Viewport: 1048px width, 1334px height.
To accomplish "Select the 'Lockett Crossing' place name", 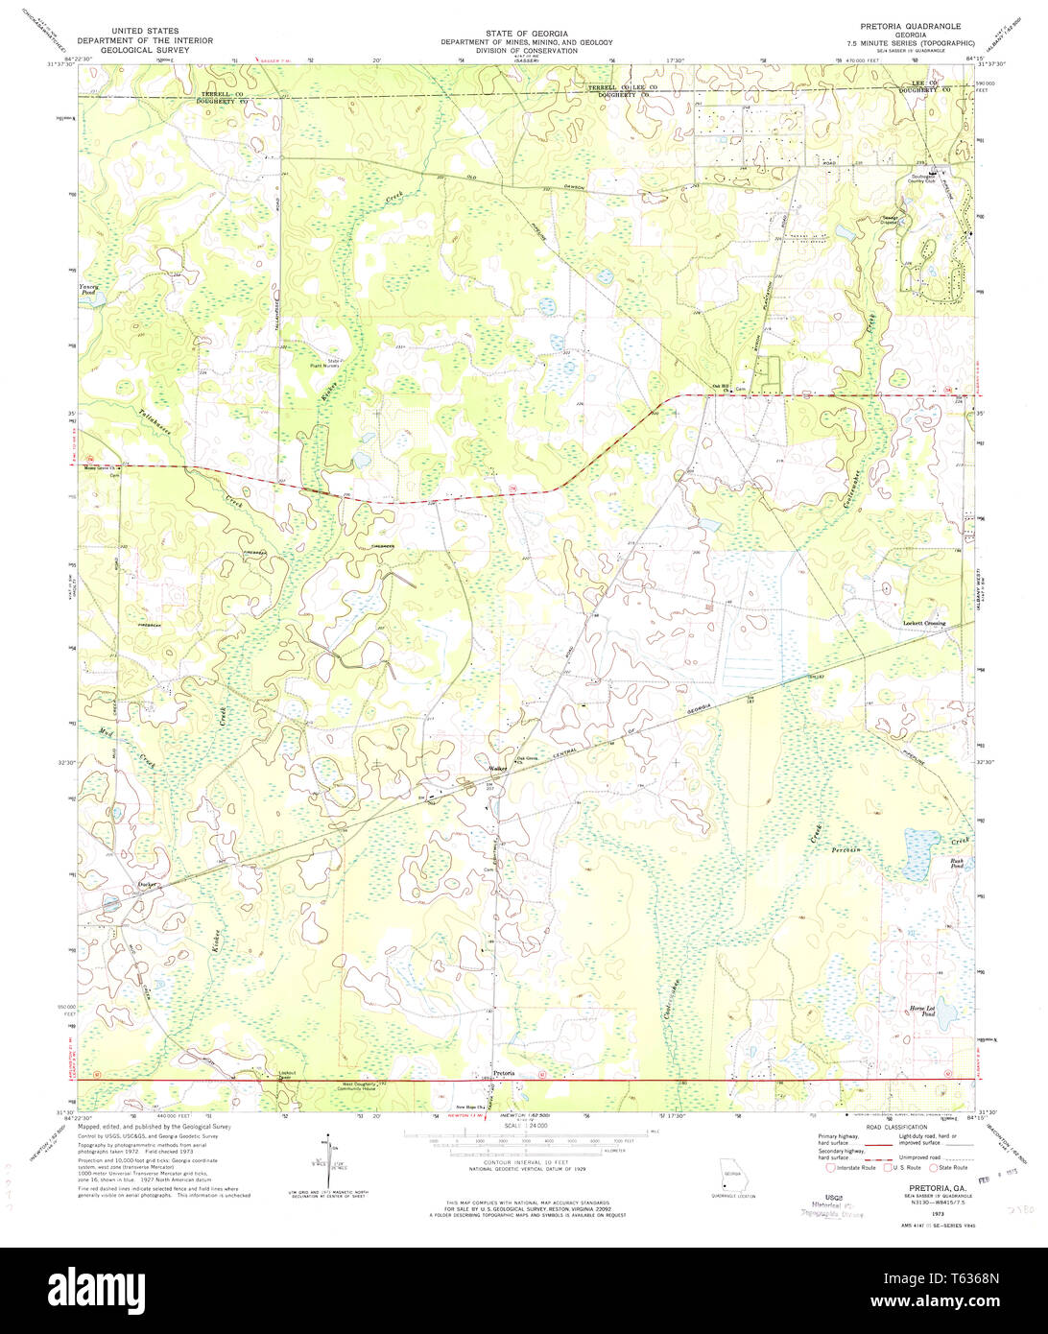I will click(924, 624).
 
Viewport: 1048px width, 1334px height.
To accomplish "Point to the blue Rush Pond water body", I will click(921, 848).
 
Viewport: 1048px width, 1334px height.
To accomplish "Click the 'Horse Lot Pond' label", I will click(928, 1012).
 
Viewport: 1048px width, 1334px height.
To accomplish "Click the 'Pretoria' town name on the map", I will click(504, 1072).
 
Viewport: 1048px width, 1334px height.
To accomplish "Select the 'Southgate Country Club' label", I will click(929, 179).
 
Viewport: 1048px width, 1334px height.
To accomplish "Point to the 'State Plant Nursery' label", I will click(340, 363).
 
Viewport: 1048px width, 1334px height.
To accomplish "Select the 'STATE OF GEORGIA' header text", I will click(510, 33).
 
